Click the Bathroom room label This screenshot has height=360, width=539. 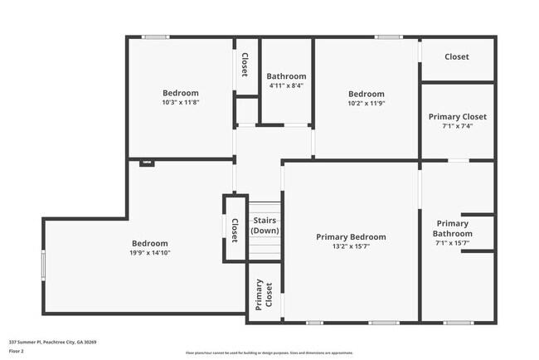tap(287, 76)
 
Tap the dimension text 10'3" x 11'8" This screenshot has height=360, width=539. tap(181, 103)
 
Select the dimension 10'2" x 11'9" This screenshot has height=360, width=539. tap(366, 104)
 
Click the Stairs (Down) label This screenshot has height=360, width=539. tap(265, 225)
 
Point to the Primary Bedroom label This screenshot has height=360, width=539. tap(351, 236)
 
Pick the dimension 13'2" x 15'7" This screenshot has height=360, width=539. tap(351, 246)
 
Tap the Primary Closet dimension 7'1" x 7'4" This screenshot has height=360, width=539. tap(457, 127)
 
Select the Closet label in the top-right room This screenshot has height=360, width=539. tap(457, 57)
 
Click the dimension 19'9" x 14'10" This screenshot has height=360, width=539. tap(150, 253)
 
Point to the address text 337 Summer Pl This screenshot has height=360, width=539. tap(53, 342)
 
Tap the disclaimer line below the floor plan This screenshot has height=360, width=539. tap(269, 353)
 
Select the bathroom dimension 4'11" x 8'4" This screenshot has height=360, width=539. tap(287, 85)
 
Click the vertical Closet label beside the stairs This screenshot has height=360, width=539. tap(235, 230)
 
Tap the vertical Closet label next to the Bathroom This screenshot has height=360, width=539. tap(245, 66)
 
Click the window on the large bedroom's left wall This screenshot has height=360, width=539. tap(44, 267)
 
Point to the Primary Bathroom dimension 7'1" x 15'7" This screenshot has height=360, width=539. tap(453, 243)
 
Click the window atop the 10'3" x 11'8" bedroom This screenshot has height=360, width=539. tap(155, 36)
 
